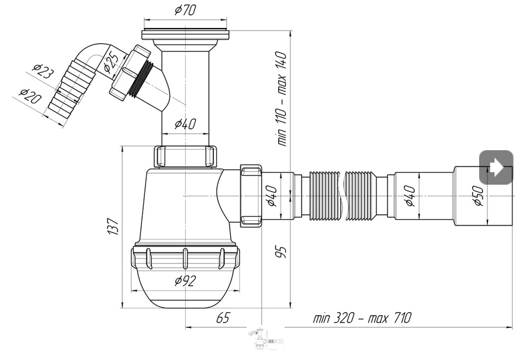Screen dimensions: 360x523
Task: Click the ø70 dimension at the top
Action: pos(185,10)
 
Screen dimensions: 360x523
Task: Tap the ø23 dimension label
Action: pos(43,72)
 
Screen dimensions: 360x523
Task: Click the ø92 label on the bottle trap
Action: pos(185,281)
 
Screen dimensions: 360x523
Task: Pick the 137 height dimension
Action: pos(113,226)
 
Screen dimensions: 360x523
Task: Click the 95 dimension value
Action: pos(282,252)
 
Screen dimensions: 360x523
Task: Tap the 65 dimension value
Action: pos(223,318)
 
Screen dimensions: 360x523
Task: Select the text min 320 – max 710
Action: pos(362,318)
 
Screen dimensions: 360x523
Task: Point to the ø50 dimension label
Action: pos(477,195)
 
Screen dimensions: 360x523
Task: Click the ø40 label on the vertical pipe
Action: pos(185,124)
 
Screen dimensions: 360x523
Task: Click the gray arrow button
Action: pos(496,168)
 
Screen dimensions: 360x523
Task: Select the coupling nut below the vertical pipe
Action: pos(185,157)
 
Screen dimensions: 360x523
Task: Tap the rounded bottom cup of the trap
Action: pos(185,292)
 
